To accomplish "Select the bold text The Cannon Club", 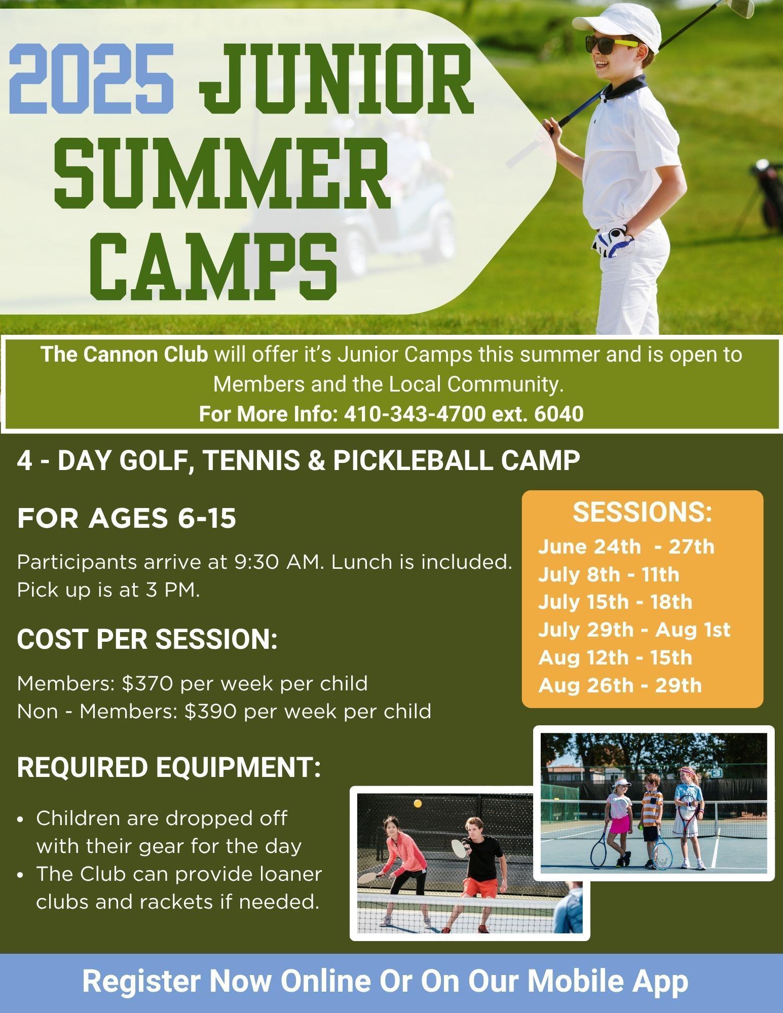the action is pos(125,355).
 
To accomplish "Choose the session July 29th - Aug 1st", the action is pos(634,630).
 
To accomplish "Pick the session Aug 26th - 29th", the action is pos(620,685).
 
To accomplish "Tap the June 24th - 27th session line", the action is pos(626,547).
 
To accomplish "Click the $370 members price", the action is pos(146,683).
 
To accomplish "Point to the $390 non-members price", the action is pos(210,711).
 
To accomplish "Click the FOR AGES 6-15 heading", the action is pos(127,519).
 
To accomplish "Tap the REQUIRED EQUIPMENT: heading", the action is pos(169,767).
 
